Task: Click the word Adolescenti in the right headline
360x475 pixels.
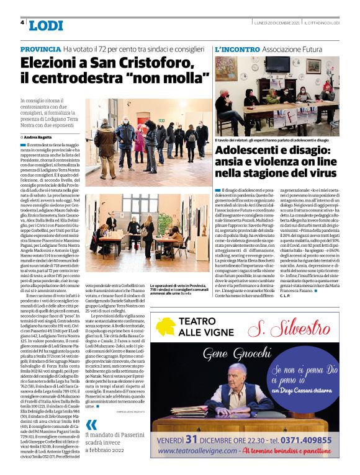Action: point(246,151)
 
